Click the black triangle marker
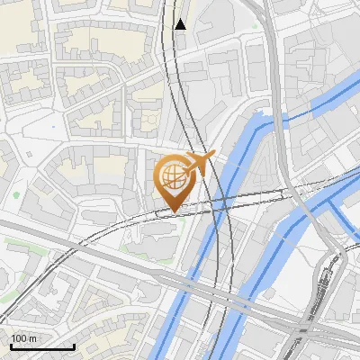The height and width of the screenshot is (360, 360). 181,24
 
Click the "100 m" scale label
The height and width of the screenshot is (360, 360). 22,338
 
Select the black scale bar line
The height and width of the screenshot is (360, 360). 41,346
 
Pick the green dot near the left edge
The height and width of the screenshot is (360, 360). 16,194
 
